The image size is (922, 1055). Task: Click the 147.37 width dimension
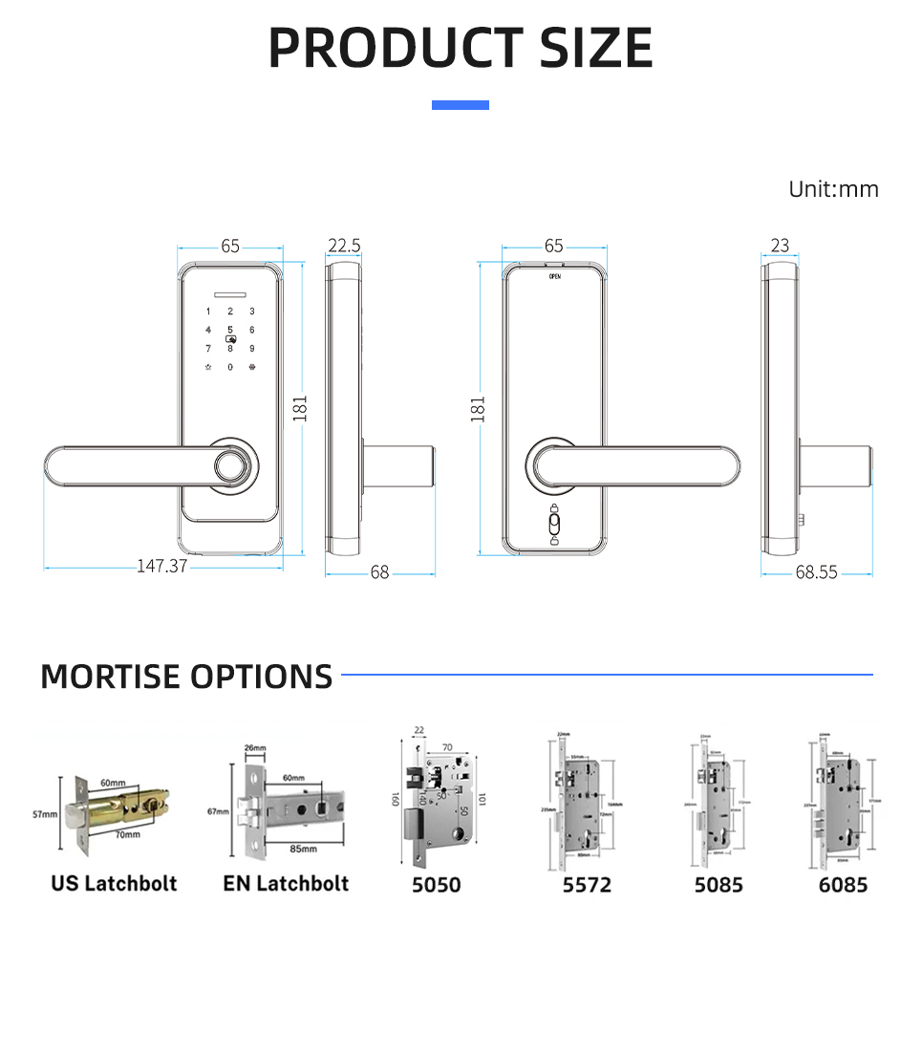(161, 566)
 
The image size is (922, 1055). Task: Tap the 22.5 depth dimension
(344, 246)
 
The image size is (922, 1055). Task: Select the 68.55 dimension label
(816, 572)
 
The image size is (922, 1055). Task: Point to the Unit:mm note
(833, 189)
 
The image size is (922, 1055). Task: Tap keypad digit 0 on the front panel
(229, 367)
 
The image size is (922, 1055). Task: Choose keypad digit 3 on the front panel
(252, 312)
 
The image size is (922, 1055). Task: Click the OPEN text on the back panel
(555, 276)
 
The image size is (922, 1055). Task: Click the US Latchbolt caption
(114, 883)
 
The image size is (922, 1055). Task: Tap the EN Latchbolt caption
(286, 883)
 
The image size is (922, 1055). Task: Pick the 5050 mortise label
(436, 885)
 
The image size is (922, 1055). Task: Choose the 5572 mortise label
(587, 885)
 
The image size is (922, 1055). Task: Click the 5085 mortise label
(718, 885)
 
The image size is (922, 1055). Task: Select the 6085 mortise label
(844, 885)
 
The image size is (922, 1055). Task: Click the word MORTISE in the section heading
(110, 677)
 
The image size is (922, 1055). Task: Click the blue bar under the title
(461, 105)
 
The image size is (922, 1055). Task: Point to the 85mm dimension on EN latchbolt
(305, 848)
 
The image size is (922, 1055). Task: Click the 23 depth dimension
(781, 246)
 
